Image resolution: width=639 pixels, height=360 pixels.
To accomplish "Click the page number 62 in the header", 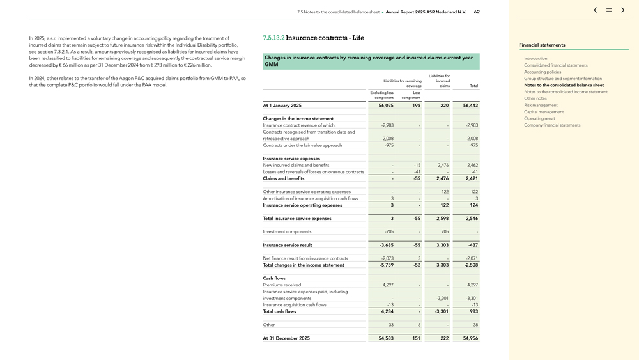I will pos(477,12).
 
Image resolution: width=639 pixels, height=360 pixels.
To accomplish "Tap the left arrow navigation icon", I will pos(596,10).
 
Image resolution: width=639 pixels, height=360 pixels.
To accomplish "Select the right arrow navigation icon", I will pos(623,10).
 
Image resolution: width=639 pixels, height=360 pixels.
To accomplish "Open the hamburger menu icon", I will pos(609,10).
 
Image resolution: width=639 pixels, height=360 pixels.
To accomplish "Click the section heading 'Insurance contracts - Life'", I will pos(325,38).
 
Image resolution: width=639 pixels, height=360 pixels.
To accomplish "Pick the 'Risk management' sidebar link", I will pos(541,105).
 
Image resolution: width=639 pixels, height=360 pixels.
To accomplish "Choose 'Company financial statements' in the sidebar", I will pos(552,125).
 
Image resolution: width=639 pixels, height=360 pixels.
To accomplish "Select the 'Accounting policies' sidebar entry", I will pos(543,72).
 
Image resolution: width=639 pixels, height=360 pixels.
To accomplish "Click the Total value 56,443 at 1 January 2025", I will pos(470,106).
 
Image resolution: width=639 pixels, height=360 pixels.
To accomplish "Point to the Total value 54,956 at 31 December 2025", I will pos(470,338).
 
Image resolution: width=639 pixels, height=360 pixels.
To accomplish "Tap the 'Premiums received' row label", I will pos(282,285).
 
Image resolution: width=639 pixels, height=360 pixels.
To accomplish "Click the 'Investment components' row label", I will pos(287,231).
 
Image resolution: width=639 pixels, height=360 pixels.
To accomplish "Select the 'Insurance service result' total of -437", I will pos(472,245).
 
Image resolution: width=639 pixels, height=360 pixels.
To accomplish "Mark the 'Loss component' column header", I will pos(411,95).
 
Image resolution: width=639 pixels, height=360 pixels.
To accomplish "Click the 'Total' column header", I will pos(473,86).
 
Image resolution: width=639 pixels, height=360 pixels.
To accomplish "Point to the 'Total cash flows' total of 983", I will pos(473,311).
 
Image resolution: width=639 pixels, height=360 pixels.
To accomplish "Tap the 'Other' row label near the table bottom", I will pos(269,325).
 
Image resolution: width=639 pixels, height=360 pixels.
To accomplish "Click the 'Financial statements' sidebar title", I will pos(542,45).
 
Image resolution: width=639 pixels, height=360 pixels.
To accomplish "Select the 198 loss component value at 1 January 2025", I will pos(416,106).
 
